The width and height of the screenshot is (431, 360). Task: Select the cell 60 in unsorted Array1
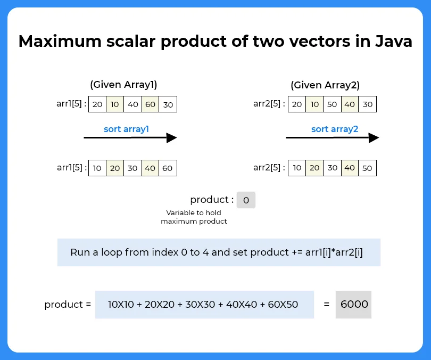click(151, 104)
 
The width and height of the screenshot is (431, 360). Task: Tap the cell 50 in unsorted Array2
click(332, 104)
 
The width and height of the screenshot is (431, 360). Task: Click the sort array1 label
click(126, 129)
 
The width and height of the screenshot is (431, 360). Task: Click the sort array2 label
click(335, 129)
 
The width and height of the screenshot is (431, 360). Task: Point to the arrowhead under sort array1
click(171, 138)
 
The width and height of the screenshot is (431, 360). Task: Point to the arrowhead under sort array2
click(374, 138)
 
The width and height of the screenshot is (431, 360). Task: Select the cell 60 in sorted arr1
click(168, 168)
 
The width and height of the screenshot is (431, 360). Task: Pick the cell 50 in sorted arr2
click(367, 168)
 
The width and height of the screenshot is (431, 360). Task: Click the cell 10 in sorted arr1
click(97, 168)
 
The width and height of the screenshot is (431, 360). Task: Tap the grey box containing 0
click(246, 200)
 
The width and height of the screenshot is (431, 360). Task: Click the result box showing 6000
click(354, 305)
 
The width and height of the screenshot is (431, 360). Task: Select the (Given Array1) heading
click(123, 85)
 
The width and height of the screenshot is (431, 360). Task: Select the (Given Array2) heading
click(325, 85)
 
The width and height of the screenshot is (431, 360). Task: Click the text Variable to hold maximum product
click(194, 217)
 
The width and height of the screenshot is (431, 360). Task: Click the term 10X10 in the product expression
click(122, 305)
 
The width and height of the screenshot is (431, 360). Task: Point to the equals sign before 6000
click(326, 305)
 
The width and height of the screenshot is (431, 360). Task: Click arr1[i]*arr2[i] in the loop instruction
click(334, 252)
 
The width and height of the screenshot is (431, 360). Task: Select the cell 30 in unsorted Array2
click(367, 104)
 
